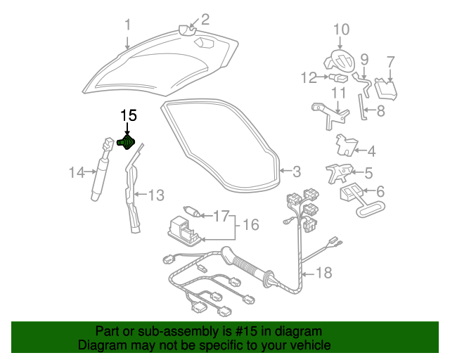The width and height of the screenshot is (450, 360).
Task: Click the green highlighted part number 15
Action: pyautogui.click(x=126, y=142)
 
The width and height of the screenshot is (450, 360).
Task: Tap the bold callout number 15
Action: pyautogui.click(x=129, y=116)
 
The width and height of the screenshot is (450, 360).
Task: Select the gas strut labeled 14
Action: pyautogui.click(x=101, y=169)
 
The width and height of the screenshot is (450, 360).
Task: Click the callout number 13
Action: pyautogui.click(x=156, y=195)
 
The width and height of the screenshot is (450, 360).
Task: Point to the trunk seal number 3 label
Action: pyautogui.click(x=297, y=172)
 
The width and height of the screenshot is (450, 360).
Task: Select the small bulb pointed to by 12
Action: pyautogui.click(x=339, y=77)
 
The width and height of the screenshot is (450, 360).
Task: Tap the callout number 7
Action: pyautogui.click(x=391, y=63)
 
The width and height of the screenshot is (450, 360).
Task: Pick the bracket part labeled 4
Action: pyautogui.click(x=347, y=145)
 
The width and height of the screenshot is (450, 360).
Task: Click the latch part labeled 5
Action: pyautogui.click(x=339, y=173)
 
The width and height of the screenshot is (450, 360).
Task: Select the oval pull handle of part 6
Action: pyautogui.click(x=371, y=209)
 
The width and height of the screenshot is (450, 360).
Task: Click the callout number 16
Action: pyautogui.click(x=251, y=224)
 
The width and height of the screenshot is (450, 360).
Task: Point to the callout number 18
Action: pyautogui.click(x=323, y=272)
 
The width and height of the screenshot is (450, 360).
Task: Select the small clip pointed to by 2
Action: pyautogui.click(x=187, y=30)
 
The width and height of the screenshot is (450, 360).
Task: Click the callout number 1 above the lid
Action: pyautogui.click(x=127, y=25)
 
